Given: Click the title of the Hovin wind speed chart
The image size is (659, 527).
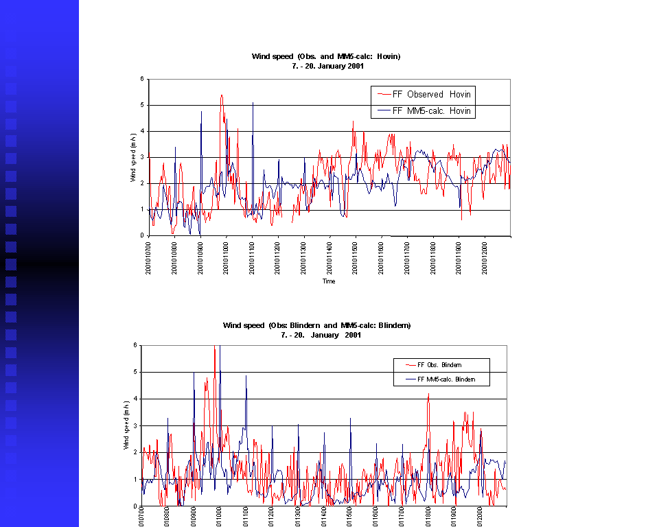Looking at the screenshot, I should (326, 56).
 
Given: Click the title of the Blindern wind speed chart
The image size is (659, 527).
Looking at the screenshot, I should (316, 325).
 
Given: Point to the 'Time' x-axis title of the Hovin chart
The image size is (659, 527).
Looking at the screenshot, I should (329, 281).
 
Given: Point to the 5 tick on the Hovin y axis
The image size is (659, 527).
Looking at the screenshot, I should (141, 105).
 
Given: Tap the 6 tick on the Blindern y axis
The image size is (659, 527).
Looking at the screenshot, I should (135, 345).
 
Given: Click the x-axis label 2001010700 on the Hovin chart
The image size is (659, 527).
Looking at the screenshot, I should (148, 257).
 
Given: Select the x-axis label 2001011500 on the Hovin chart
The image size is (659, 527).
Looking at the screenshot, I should (355, 257).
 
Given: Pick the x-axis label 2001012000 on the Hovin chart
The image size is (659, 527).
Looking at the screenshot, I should (485, 257).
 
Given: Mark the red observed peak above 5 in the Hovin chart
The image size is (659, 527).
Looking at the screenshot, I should (221, 96).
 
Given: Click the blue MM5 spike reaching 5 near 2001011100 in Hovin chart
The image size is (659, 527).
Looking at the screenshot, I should (253, 104).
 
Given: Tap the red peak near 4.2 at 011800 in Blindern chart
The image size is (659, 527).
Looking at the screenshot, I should (428, 395).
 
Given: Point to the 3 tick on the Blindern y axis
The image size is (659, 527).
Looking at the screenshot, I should (135, 425).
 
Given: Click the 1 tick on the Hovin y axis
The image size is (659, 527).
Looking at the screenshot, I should (141, 209).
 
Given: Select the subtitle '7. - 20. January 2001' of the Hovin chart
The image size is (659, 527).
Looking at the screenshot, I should (326, 67).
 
